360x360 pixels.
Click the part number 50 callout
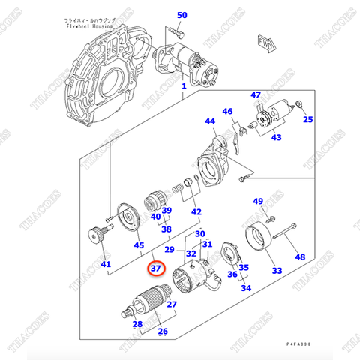182,15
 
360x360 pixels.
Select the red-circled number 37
156,268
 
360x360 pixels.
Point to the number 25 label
307,118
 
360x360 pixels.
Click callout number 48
300,257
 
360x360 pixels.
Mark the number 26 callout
162,331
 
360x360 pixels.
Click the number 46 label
228,112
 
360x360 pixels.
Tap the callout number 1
184,85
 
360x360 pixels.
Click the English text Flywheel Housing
88,25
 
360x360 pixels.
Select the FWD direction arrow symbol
264,42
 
